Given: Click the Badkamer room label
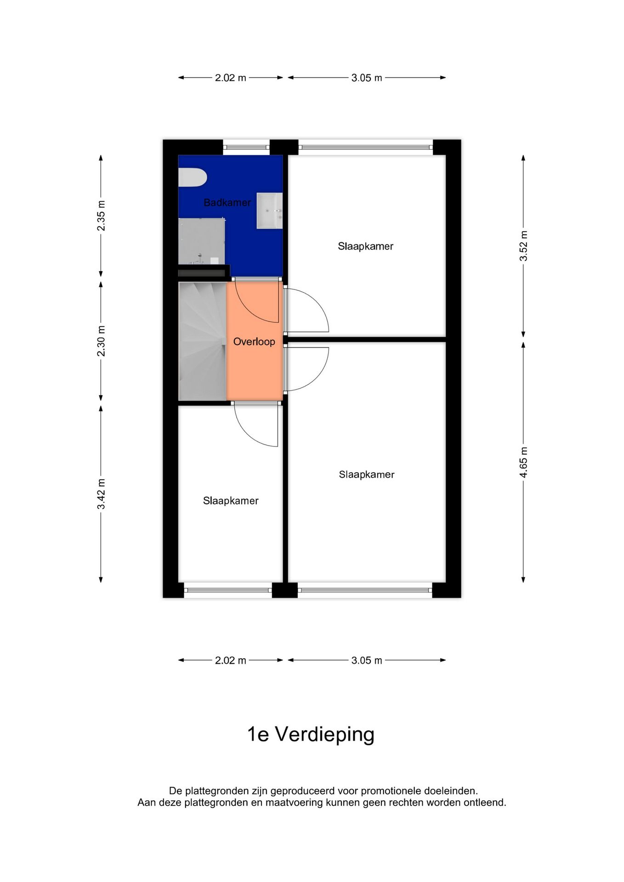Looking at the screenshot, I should click(x=227, y=203).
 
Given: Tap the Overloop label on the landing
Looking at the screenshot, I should click(x=254, y=342).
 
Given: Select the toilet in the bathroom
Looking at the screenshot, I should click(x=193, y=178).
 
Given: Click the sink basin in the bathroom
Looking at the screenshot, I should click(x=269, y=210).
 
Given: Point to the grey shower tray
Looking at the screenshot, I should click(x=202, y=241).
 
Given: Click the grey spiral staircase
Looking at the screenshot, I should click(x=202, y=341).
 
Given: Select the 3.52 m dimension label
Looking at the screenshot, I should click(x=523, y=246).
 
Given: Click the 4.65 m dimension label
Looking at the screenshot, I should click(x=523, y=462).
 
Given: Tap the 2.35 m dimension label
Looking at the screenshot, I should click(x=101, y=215).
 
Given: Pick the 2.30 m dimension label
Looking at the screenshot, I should click(x=101, y=341).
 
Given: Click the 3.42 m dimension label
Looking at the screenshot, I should click(x=101, y=494).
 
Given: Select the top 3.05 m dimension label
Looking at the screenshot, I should click(x=367, y=78).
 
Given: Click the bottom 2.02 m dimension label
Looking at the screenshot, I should click(x=231, y=661).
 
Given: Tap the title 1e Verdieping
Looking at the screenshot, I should click(x=311, y=734).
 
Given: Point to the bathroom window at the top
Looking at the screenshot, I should click(x=246, y=147).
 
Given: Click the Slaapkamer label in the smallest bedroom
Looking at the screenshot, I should click(x=231, y=501).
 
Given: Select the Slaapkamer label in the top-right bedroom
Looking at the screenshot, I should click(x=366, y=247).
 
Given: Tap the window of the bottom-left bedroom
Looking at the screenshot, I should click(x=228, y=590).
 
